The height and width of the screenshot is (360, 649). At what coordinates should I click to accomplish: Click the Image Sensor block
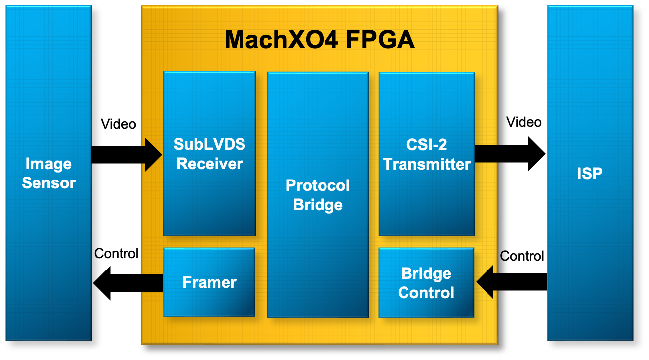[x=49, y=173]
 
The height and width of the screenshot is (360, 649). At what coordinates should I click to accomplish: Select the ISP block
[x=590, y=173]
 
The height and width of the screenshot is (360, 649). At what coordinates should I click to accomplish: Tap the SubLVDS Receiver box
[x=210, y=153]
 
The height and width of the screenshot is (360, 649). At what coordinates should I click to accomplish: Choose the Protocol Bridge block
[x=318, y=194]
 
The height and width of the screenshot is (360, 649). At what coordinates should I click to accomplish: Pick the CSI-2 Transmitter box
[x=426, y=153]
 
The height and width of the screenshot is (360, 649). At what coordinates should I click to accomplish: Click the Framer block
[x=209, y=282]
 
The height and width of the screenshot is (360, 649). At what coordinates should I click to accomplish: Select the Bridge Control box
[x=426, y=282]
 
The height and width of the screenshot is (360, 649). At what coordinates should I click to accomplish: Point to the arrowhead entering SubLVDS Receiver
[x=153, y=155]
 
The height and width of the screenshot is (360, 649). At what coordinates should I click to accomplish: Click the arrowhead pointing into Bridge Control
[x=485, y=282]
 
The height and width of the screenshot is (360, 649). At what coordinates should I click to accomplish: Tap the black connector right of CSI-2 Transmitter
[x=486, y=154]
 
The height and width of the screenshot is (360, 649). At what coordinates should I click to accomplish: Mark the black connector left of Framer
[x=152, y=283]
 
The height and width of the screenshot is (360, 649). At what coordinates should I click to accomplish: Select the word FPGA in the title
[x=380, y=40]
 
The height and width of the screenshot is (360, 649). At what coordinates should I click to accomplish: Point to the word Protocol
[x=318, y=185]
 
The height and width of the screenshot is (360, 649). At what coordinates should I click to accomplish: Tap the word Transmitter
[x=426, y=164]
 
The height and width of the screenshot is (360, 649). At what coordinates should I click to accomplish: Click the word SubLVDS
[x=210, y=144]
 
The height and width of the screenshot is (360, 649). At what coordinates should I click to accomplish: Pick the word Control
[x=426, y=292]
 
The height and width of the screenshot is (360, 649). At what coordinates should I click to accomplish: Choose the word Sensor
[x=49, y=183]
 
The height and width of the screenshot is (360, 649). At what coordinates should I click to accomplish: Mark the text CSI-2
[x=426, y=144]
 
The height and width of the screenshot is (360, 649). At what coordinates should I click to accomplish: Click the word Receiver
[x=210, y=164]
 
